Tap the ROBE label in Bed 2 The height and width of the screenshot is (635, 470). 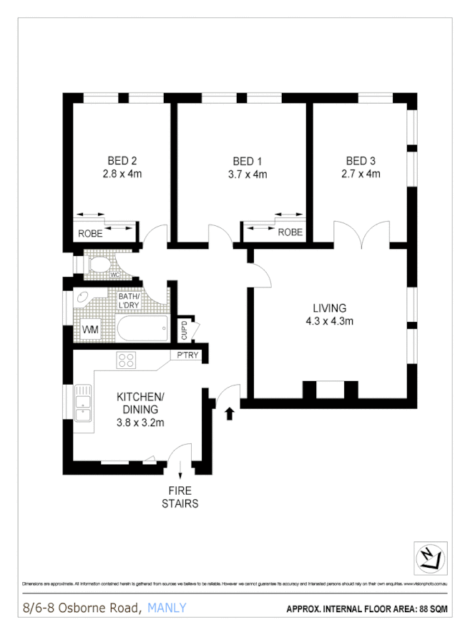(91, 233)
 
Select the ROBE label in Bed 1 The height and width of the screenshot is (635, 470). (290, 232)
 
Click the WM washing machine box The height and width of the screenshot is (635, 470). (90, 330)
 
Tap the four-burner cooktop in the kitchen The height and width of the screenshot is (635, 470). (127, 360)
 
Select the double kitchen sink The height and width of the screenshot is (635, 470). (84, 401)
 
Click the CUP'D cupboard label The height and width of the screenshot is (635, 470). (184, 330)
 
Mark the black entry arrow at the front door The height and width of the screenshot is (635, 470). (229, 413)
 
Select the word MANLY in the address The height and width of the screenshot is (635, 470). (167, 608)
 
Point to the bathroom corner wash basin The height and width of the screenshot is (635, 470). (82, 299)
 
